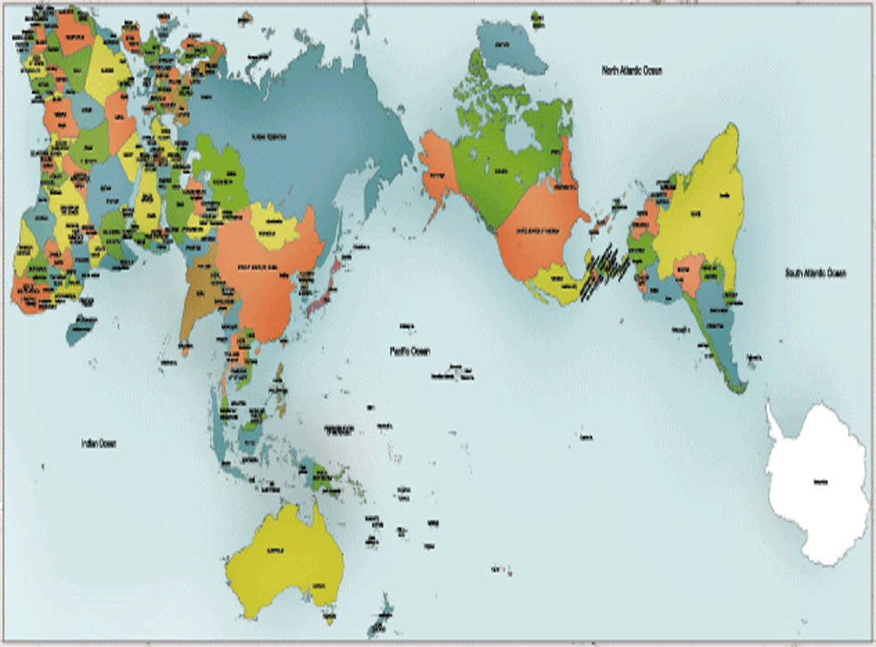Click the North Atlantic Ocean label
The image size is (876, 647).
pyautogui.click(x=637, y=70)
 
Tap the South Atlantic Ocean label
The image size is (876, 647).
pyautogui.click(x=814, y=273)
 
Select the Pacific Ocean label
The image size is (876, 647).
pyautogui.click(x=409, y=352)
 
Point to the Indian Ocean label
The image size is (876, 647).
pyautogui.click(x=99, y=443)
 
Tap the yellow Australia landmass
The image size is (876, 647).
pyautogui.click(x=281, y=557)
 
